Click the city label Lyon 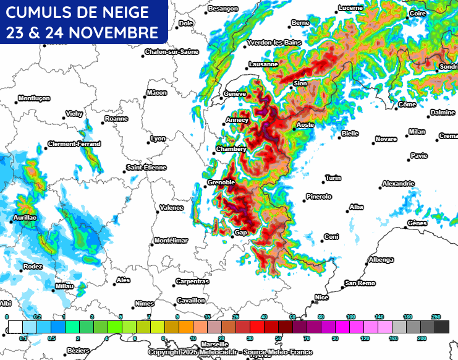(159, 139)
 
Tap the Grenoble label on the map (221, 182)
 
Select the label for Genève (235, 93)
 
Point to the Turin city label (333, 178)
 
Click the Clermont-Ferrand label (74, 144)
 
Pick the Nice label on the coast (322, 298)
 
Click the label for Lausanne (263, 64)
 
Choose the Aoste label (306, 125)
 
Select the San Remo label (360, 283)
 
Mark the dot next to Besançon (206, 9)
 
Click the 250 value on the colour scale (436, 317)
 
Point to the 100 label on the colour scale (350, 317)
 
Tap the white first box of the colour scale (15, 327)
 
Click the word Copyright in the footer (165, 352)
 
